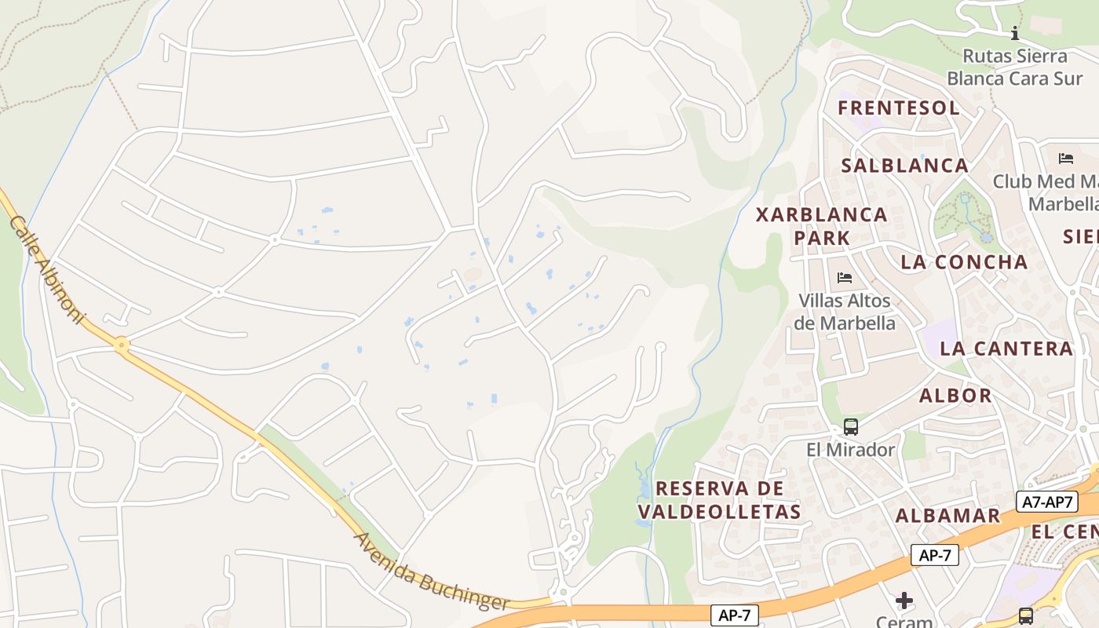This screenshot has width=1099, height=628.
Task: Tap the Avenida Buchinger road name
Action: click(x=432, y=573)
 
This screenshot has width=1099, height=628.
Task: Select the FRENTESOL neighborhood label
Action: click(x=899, y=108)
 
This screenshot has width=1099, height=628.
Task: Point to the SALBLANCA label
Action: click(x=905, y=166)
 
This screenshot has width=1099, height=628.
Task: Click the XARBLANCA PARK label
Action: click(x=822, y=225)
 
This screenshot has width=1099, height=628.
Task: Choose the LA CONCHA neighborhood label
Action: click(x=965, y=262)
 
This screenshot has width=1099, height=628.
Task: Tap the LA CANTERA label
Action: click(x=1006, y=349)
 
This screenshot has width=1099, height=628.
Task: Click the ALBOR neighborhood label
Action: click(x=955, y=395)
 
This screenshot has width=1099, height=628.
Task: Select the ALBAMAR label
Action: click(x=948, y=515)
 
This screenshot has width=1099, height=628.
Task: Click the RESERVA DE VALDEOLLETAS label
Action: click(x=720, y=500)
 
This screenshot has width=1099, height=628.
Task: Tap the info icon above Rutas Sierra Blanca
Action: click(x=1015, y=33)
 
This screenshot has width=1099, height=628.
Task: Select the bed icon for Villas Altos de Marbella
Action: click(x=845, y=278)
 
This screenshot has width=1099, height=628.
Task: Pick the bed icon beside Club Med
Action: click(x=1065, y=159)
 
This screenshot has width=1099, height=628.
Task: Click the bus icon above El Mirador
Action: click(x=851, y=427)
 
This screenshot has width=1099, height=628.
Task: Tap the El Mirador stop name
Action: click(x=851, y=450)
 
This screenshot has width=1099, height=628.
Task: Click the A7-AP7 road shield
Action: click(x=1047, y=502)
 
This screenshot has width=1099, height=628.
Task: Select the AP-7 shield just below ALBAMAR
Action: click(x=935, y=555)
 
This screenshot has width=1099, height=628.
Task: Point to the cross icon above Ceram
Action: click(x=904, y=601)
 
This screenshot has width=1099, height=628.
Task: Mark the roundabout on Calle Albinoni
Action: click(x=121, y=344)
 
